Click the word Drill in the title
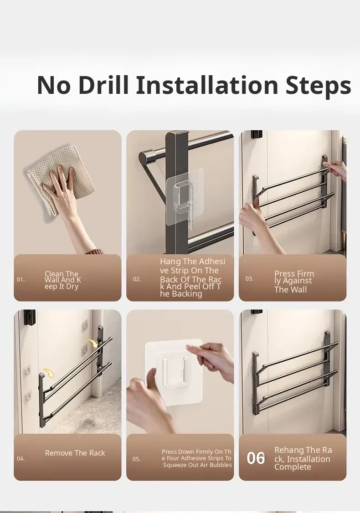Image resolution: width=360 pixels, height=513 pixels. pyautogui.click(x=103, y=85)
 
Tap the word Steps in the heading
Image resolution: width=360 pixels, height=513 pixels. pyautogui.click(x=319, y=86)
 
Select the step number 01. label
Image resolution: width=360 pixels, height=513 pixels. pyautogui.click(x=21, y=280)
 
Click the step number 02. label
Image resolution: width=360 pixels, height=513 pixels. pyautogui.click(x=137, y=279)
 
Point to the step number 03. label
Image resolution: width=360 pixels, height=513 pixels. pyautogui.click(x=249, y=279)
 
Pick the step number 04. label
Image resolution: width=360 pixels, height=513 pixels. pyautogui.click(x=21, y=459)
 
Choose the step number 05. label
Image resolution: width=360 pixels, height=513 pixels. pyautogui.click(x=136, y=459)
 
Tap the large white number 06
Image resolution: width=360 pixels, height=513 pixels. pyautogui.click(x=256, y=458)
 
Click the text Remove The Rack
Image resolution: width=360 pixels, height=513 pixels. pyautogui.click(x=75, y=453)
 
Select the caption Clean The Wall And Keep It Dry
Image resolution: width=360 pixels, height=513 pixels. pyautogui.click(x=62, y=280)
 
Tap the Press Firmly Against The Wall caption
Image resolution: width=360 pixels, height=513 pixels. pyautogui.click(x=294, y=282)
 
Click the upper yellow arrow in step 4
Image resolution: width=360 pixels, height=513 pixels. pyautogui.click(x=93, y=344)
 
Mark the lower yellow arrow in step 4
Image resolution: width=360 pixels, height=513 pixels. pyautogui.click(x=49, y=373)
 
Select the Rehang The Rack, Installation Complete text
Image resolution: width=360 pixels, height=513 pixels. pyautogui.click(x=303, y=458)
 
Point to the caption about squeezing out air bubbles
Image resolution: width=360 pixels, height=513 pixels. pyautogui.click(x=197, y=458)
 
